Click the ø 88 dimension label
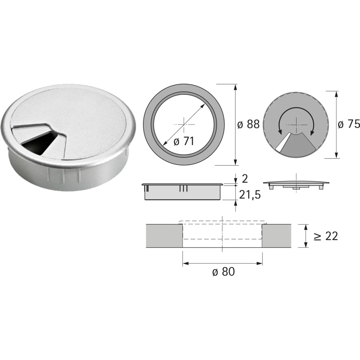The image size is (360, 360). [248, 124]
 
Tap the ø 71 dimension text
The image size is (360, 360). [184, 141]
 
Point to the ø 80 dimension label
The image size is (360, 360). [224, 272]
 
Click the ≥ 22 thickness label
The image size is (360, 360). [326, 236]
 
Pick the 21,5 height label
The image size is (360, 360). [250, 195]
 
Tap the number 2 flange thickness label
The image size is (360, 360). [245, 179]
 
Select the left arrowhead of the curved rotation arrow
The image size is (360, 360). [279, 131]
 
